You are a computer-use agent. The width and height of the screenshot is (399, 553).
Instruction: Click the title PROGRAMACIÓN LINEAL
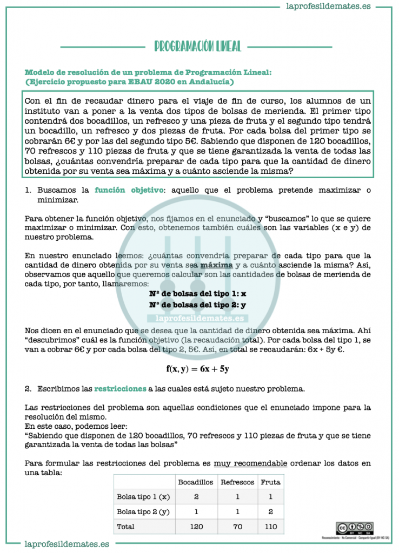tap(197, 46)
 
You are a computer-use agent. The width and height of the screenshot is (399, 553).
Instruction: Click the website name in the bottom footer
tap(67, 544)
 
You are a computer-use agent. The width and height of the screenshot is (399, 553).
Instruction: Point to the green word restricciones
tap(120, 388)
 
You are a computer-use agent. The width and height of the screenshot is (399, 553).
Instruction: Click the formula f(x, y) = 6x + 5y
tap(197, 369)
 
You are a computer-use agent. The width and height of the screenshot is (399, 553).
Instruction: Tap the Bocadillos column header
tap(196, 482)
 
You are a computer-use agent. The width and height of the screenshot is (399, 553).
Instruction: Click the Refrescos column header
tap(238, 482)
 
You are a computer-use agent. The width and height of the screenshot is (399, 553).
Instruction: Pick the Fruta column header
tap(270, 482)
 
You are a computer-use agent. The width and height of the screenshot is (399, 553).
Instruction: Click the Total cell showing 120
tap(196, 526)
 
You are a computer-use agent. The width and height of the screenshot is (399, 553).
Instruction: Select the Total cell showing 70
tap(238, 526)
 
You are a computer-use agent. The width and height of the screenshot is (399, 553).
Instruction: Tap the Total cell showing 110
tap(270, 526)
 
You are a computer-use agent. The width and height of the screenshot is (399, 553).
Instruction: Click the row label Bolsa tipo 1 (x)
tap(143, 496)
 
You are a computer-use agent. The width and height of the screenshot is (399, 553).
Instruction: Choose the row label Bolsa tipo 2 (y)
tap(143, 511)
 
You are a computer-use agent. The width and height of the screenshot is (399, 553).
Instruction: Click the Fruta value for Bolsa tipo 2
tap(270, 511)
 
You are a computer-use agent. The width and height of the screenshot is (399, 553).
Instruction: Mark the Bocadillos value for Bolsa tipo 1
tap(196, 496)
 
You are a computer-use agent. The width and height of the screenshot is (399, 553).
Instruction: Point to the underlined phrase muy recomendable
tap(250, 463)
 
